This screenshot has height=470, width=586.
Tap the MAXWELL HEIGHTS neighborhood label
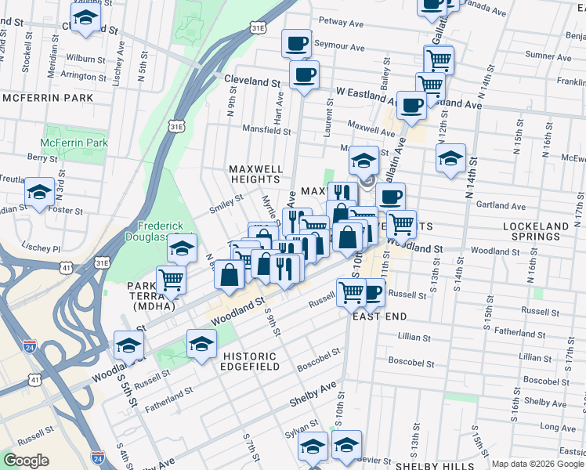[x=255, y=174]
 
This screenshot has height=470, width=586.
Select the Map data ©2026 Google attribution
[x=537, y=464]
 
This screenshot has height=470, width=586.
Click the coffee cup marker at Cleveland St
[x=304, y=75]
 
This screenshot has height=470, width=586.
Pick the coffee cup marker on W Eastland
[x=411, y=105]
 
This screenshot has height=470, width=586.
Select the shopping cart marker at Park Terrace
[x=170, y=280]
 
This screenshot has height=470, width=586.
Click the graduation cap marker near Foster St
[x=38, y=191]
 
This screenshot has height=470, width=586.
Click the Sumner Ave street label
[x=548, y=56]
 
